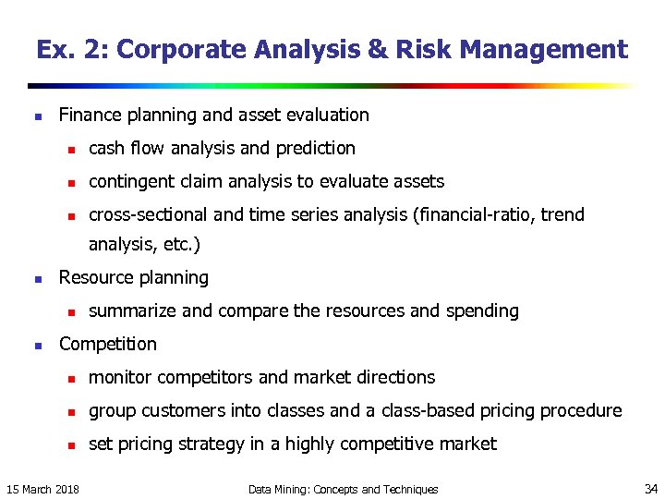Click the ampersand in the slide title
pos(379,50)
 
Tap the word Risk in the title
pos(420,50)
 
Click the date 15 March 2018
pos(42,489)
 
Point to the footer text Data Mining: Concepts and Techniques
pos(344,489)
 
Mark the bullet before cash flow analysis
pos(68,150)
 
